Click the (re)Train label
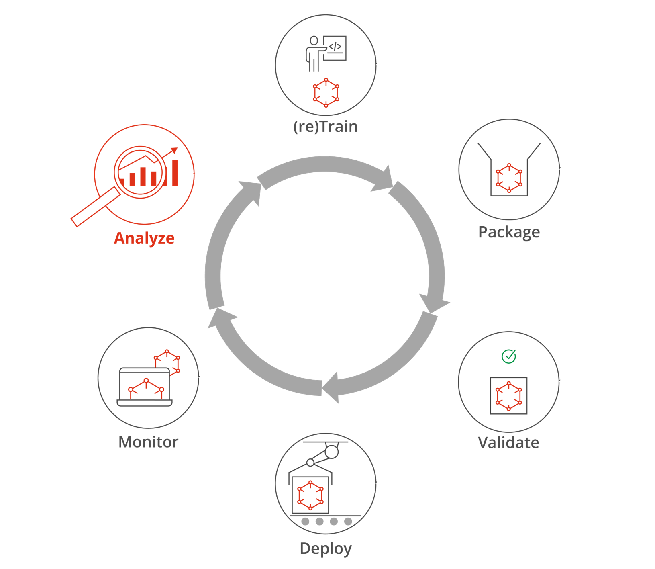325,127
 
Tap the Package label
509,232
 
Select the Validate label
508,442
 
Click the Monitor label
148,442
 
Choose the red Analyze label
144,238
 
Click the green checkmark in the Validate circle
509,356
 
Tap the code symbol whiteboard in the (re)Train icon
335,48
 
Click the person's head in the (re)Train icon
314,40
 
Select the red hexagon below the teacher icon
326,93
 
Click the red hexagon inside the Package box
509,178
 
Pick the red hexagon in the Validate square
509,396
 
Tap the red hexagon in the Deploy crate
310,495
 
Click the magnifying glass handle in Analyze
96,207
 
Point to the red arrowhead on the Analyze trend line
174,150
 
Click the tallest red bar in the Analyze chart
175,173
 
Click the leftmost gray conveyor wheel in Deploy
305,522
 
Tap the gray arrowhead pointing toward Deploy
331,387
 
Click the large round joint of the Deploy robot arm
332,452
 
